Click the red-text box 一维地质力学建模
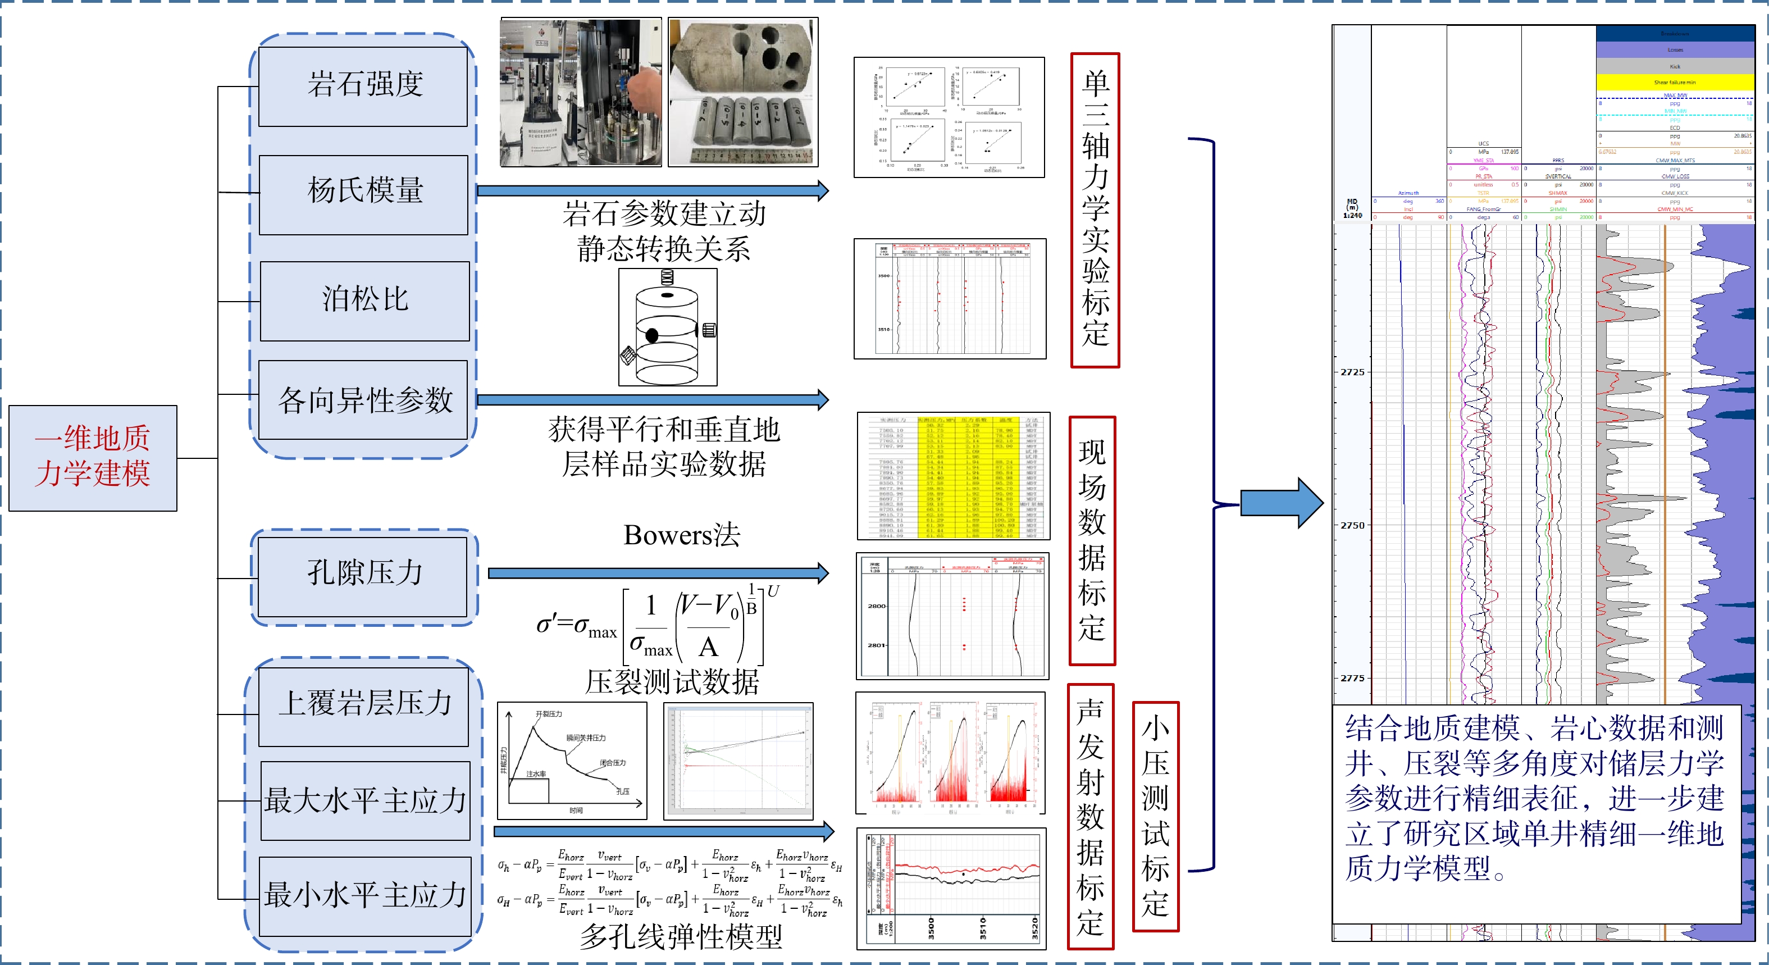(x=93, y=457)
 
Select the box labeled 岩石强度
(x=363, y=86)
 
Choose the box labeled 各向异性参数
(x=364, y=400)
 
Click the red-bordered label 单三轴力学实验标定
(x=1095, y=210)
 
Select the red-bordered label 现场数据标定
(x=1092, y=540)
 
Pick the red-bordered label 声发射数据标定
(x=1091, y=817)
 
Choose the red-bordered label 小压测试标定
(x=1156, y=816)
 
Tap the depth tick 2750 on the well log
(x=1352, y=525)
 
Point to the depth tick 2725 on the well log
(x=1352, y=372)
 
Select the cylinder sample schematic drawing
(x=668, y=327)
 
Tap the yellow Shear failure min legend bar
(x=1674, y=83)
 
